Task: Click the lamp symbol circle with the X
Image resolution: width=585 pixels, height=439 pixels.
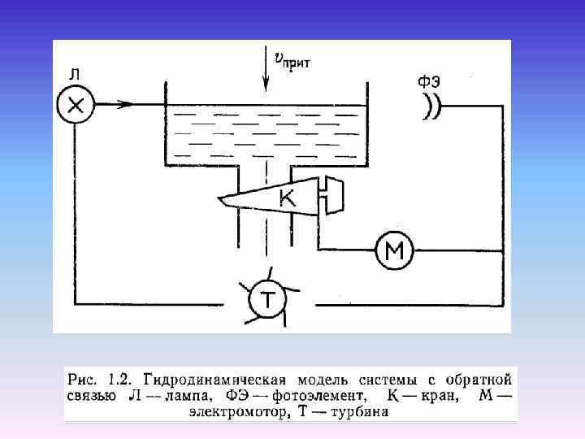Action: pyautogui.click(x=76, y=104)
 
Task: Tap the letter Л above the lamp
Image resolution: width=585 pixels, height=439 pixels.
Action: pyautogui.click(x=74, y=74)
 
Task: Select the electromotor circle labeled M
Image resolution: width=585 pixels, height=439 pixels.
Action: pyautogui.click(x=394, y=253)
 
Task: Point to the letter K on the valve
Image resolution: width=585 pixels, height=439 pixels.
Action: pyautogui.click(x=286, y=198)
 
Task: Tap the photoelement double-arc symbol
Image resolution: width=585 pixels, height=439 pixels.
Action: pyautogui.click(x=431, y=106)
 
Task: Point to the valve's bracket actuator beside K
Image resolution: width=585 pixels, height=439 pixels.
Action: pyautogui.click(x=331, y=194)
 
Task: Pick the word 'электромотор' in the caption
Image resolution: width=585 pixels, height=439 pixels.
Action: pyautogui.click(x=236, y=412)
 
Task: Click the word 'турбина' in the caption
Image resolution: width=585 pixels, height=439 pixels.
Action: pyautogui.click(x=359, y=412)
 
